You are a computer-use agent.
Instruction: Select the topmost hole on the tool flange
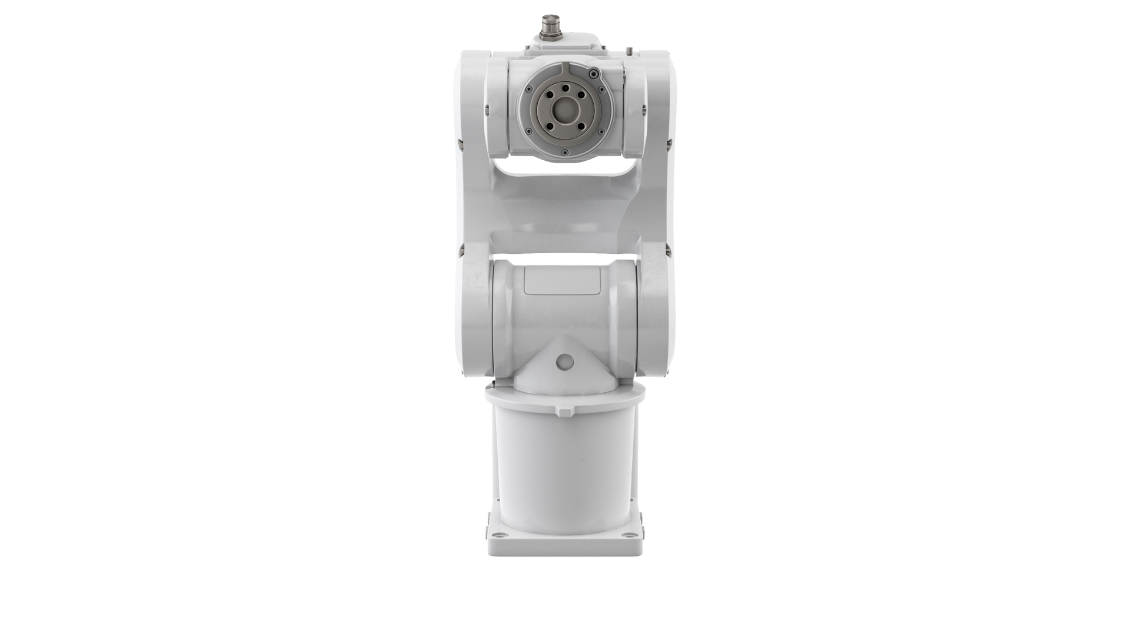click(x=565, y=88)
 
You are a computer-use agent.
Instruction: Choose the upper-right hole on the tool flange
click(x=581, y=95)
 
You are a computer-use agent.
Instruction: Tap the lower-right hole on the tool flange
click(x=581, y=125)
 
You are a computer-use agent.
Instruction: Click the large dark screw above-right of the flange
click(x=594, y=74)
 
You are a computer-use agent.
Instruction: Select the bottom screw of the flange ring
click(x=565, y=153)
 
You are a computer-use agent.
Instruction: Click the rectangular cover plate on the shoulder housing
click(x=562, y=280)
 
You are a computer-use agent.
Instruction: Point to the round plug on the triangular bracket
click(x=565, y=361)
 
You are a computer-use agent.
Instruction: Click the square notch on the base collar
click(x=564, y=412)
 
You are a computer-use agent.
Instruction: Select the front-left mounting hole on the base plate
click(x=500, y=535)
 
